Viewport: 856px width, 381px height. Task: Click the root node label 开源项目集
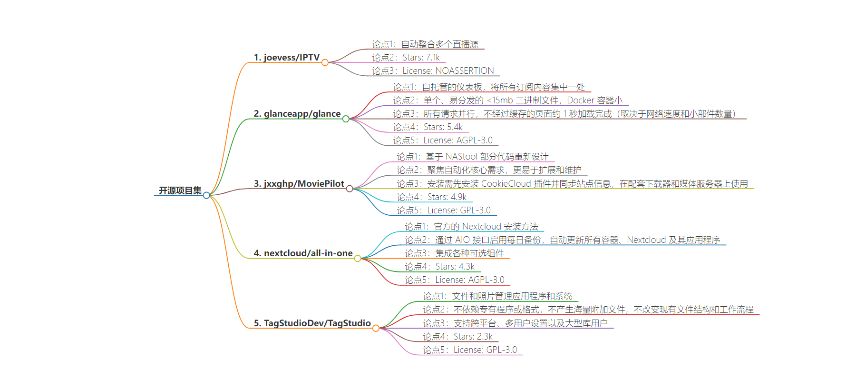(x=180, y=190)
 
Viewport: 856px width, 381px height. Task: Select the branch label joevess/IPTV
(x=286, y=58)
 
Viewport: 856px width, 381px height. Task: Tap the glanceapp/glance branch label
(x=297, y=114)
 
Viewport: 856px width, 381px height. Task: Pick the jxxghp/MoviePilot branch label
(x=299, y=184)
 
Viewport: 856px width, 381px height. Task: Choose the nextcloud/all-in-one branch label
(x=303, y=253)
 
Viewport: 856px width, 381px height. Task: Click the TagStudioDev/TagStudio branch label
(x=312, y=323)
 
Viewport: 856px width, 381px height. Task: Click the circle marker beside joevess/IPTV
(x=325, y=62)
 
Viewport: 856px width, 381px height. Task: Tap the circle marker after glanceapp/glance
(x=346, y=119)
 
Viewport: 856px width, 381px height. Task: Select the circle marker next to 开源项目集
(x=206, y=195)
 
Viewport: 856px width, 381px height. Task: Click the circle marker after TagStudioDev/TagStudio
(x=376, y=328)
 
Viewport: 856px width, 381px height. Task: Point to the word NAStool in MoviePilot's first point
(x=461, y=157)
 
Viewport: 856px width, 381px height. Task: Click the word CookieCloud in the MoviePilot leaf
(x=506, y=184)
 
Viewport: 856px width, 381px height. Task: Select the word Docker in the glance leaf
(x=581, y=100)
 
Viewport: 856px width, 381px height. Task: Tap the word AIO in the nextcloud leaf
(x=462, y=240)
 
